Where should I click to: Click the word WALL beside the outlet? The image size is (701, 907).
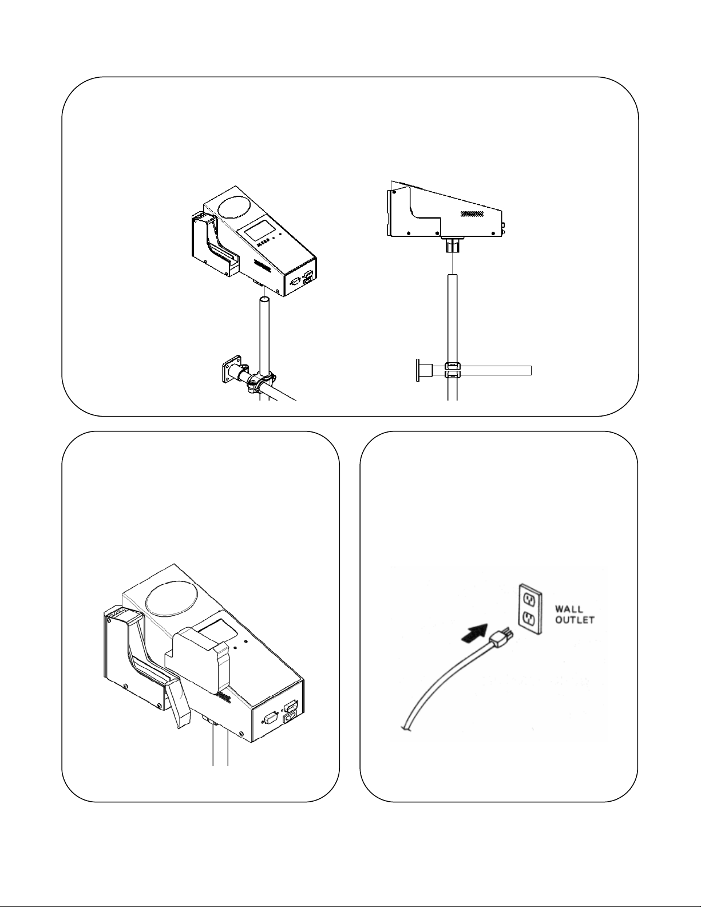(x=569, y=610)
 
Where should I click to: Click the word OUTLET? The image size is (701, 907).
(x=575, y=620)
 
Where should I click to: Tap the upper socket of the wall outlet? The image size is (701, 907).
(x=530, y=601)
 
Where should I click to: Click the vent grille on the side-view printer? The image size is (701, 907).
(x=472, y=213)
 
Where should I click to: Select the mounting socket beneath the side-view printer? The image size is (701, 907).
(x=452, y=244)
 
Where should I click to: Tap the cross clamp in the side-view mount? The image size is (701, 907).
(x=452, y=370)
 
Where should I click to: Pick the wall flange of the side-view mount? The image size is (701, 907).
(x=418, y=370)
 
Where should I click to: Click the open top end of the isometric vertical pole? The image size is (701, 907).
(x=264, y=299)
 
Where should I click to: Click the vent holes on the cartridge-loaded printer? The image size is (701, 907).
(x=223, y=698)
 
